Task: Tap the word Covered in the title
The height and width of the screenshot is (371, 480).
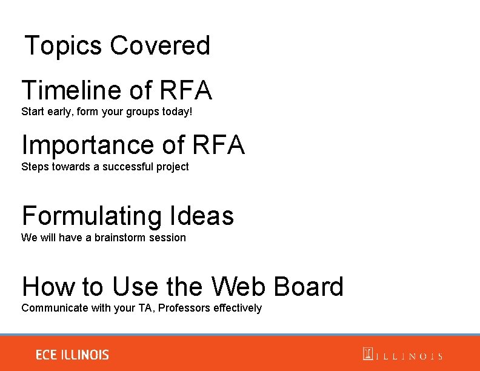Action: pyautogui.click(x=160, y=45)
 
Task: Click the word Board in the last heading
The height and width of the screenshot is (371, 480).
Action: pyautogui.click(x=308, y=287)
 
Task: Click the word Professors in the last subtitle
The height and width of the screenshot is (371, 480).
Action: pyautogui.click(x=185, y=308)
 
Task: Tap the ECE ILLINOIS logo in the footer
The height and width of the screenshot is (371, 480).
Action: pyautogui.click(x=72, y=355)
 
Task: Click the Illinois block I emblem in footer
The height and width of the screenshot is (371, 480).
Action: pyautogui.click(x=367, y=354)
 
